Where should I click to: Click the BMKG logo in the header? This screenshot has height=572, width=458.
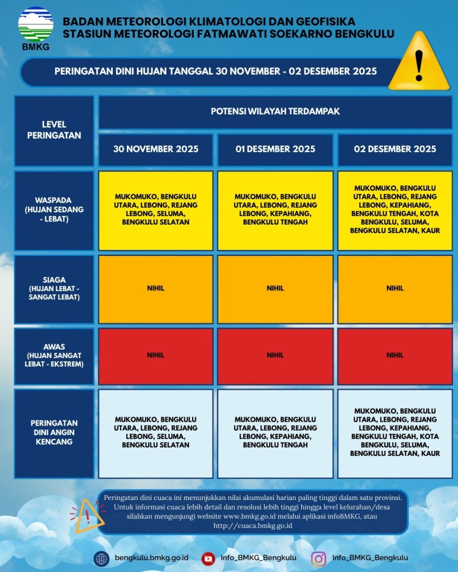(36, 28)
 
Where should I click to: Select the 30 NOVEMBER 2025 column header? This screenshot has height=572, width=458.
(155, 149)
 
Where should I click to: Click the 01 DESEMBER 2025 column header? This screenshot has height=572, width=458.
(275, 149)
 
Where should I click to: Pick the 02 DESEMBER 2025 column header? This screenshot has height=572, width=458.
(395, 149)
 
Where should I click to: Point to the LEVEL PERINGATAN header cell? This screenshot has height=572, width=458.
(54, 130)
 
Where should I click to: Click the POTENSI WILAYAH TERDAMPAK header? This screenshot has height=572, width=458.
(275, 111)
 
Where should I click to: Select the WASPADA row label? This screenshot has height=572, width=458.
(54, 209)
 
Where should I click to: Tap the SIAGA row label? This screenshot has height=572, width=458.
(54, 288)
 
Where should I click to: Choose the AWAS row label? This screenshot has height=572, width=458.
(54, 356)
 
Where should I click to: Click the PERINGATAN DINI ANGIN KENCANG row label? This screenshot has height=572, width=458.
(54, 432)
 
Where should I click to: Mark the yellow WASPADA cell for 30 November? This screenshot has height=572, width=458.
(156, 209)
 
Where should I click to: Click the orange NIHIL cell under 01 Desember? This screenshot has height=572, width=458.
(275, 289)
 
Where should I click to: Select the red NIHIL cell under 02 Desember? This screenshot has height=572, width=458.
(395, 355)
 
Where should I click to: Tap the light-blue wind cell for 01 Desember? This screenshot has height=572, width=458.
(275, 432)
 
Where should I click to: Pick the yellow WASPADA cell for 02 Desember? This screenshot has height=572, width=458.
(395, 209)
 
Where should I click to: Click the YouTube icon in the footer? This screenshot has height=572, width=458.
(208, 558)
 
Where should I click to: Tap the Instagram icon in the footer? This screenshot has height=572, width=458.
(318, 558)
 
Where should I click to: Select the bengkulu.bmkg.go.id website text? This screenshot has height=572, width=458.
(151, 558)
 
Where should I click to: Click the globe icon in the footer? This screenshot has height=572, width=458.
(102, 558)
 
